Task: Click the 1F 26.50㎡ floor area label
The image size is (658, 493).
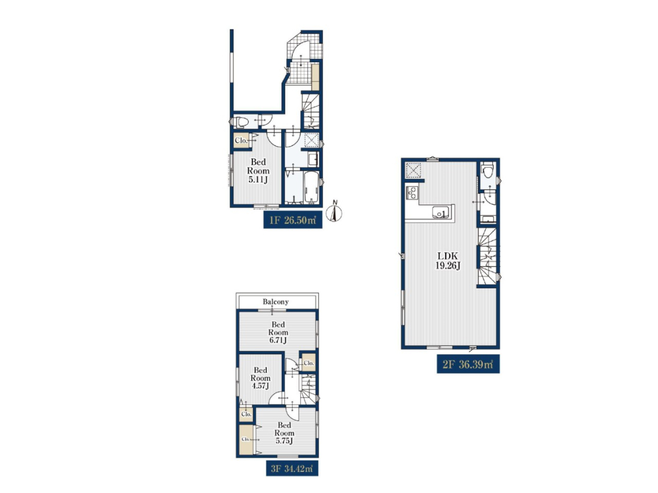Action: click(x=293, y=220)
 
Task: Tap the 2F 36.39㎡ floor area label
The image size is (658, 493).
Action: click(x=468, y=364)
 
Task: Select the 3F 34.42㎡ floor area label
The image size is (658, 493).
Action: click(x=292, y=468)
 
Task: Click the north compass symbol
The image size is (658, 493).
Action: click(x=334, y=211)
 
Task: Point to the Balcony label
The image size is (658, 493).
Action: click(x=276, y=302)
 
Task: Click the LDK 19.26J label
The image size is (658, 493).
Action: click(x=448, y=260)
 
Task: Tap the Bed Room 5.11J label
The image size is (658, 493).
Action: click(x=258, y=171)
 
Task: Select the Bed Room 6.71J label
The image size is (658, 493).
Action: click(x=278, y=332)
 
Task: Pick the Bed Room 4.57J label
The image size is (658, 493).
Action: click(x=260, y=378)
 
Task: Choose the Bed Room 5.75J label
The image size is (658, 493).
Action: click(x=284, y=433)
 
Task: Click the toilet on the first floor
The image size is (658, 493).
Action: click(x=240, y=122)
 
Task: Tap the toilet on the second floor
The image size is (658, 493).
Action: click(x=488, y=172)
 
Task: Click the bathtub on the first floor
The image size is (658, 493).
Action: click(x=311, y=187)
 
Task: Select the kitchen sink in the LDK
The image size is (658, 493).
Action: click(x=441, y=212)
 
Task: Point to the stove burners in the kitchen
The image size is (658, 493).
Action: click(x=412, y=193)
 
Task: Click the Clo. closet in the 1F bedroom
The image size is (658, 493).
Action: click(x=241, y=141)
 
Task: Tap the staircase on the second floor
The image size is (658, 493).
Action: click(x=487, y=257)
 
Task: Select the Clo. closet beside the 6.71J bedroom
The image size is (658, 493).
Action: click(x=309, y=363)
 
